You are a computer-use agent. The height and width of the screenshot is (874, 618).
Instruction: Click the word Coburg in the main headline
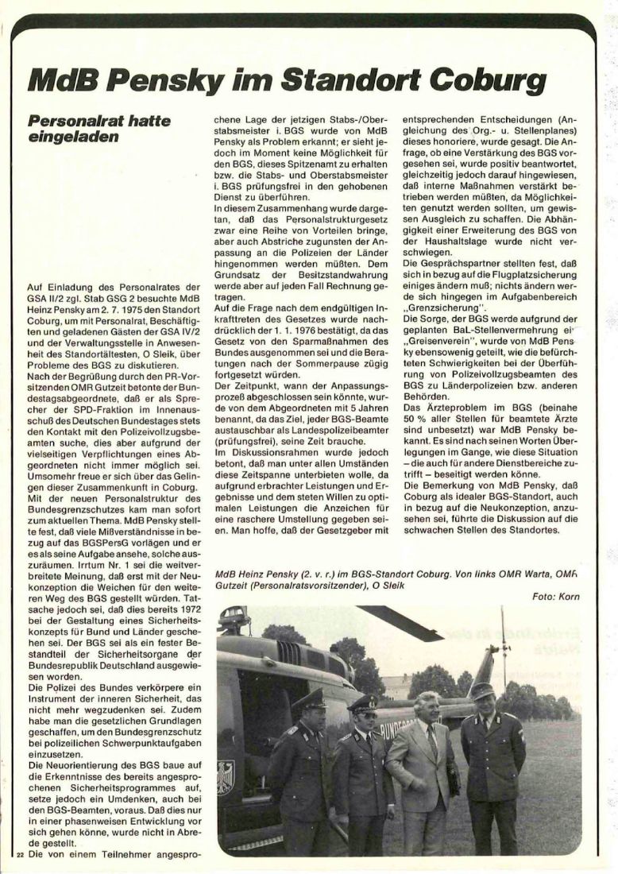[x=490, y=81]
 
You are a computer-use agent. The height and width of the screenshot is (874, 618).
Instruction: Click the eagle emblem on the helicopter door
[x=226, y=776]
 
